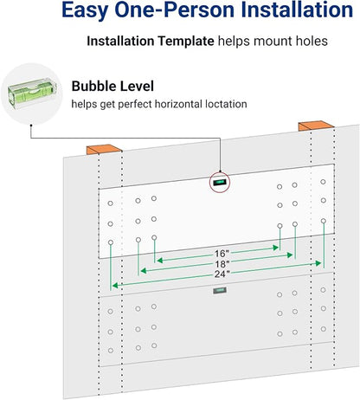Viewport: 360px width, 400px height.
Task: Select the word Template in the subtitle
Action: point(186,42)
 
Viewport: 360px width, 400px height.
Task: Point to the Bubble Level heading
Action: point(112,86)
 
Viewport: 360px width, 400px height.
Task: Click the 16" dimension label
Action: point(222,254)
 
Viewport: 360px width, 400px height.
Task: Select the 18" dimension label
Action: point(222,264)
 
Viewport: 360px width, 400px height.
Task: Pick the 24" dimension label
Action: point(222,274)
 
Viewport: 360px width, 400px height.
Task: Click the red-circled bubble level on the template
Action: point(219,182)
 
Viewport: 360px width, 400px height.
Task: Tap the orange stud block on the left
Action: point(104,149)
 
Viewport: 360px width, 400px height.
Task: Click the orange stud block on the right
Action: point(316,126)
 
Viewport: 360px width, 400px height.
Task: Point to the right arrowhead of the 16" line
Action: point(276,248)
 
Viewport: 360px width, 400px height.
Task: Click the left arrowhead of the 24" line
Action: point(115,286)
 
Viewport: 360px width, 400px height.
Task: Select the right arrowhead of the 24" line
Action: point(318,263)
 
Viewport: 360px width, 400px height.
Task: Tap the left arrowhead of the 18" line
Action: point(144,270)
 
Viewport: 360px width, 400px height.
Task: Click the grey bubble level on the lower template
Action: point(220,290)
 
